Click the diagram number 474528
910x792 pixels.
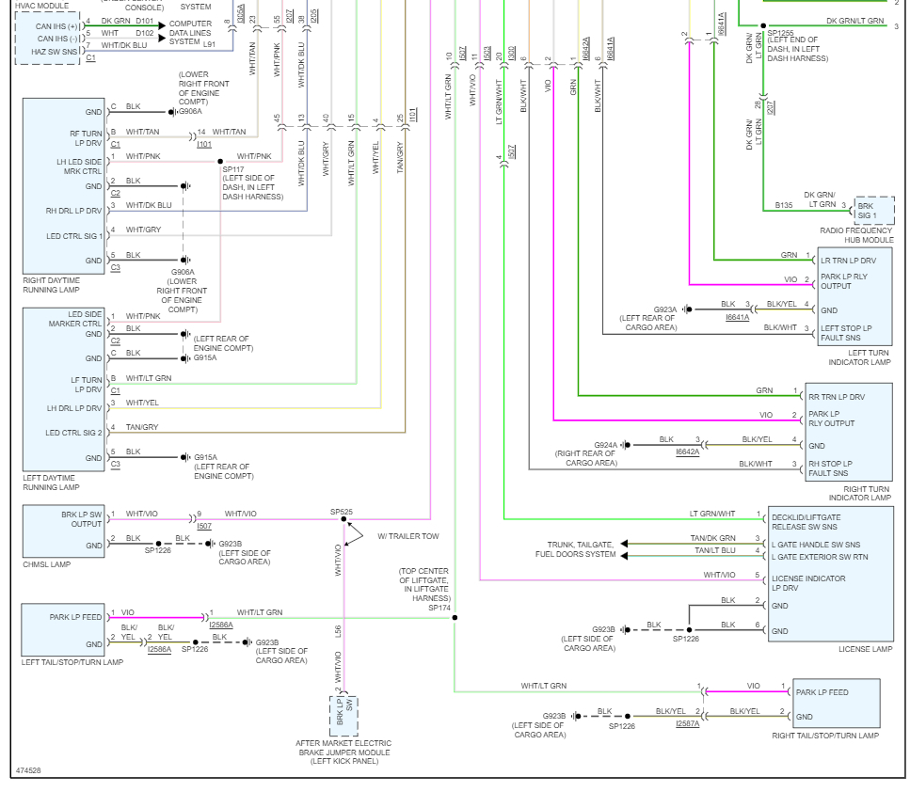click(28, 771)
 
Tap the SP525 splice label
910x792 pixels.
click(342, 512)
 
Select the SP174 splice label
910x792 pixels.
click(439, 608)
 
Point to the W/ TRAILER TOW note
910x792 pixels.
click(408, 537)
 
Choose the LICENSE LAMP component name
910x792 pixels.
click(865, 649)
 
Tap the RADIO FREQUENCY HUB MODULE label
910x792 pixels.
click(855, 234)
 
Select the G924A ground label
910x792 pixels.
click(606, 445)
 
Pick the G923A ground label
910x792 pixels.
click(666, 309)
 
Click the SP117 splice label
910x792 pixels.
click(233, 169)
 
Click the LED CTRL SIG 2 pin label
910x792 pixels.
click(74, 433)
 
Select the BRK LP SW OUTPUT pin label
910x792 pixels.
click(74, 519)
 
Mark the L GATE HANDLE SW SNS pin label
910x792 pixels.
click(815, 545)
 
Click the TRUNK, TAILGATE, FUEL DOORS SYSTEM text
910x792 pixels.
click(581, 549)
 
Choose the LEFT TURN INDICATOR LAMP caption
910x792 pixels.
click(858, 357)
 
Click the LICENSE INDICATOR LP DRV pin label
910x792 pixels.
click(807, 583)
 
